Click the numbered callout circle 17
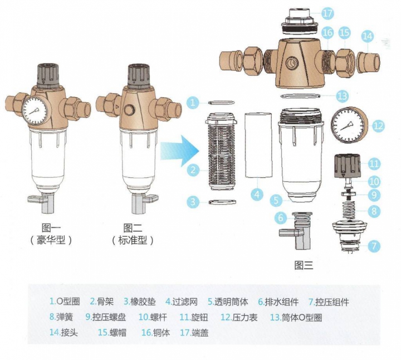(327, 13)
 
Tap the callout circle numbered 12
(378, 125)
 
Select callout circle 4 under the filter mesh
(257, 194)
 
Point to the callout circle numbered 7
(374, 246)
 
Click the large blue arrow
(180, 151)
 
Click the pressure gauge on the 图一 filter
(35, 111)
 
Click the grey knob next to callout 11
(348, 166)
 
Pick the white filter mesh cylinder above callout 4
(258, 145)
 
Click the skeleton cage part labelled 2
(222, 151)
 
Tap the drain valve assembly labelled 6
(295, 231)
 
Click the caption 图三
(304, 265)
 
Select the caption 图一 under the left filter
(51, 228)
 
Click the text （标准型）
(133, 240)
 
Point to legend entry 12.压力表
(239, 317)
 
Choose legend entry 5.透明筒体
(228, 302)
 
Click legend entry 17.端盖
(194, 332)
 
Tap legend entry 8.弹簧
(61, 317)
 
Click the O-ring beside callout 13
(300, 96)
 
